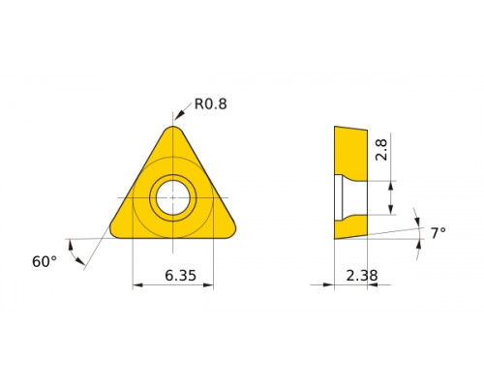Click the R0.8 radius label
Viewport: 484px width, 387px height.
pos(211,104)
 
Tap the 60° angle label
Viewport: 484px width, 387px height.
pos(45,261)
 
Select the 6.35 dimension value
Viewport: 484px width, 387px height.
pos(180,276)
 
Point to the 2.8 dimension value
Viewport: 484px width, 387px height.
pos(381,150)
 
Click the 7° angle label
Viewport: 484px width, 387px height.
pos(439,233)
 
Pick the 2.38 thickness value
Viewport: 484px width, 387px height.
pos(362,276)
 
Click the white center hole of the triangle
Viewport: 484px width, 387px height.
pos(173,197)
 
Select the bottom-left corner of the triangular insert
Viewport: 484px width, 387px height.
pos(113,233)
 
